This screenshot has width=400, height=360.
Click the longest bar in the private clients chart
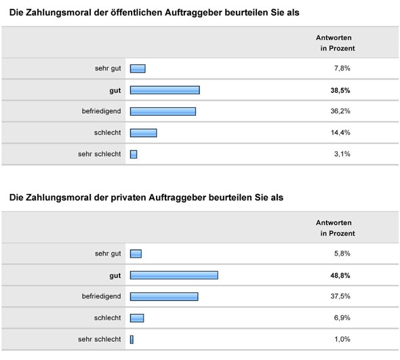click(174, 275)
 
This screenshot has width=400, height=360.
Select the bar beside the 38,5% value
click(165, 89)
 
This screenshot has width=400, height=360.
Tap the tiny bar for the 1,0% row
click(132, 339)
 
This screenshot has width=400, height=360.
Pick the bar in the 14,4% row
click(143, 132)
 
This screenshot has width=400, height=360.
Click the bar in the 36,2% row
click(163, 111)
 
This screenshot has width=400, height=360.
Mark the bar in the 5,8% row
click(136, 254)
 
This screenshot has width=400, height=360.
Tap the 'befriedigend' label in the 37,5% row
click(100, 296)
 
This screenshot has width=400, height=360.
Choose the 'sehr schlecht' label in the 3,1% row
click(100, 154)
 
